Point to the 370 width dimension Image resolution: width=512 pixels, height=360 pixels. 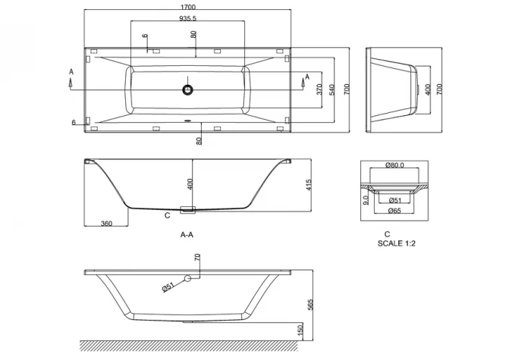pos(319,91)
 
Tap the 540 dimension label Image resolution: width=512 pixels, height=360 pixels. pos(332,91)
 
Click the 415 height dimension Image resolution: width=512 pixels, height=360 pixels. pos(309,186)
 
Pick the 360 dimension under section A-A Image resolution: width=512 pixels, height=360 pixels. pos(106,224)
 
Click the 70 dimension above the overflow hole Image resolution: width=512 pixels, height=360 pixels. pos(198,259)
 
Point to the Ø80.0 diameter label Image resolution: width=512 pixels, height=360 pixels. pos(394,165)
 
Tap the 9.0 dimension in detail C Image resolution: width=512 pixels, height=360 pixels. pos(366,200)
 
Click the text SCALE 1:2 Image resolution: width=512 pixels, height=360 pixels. pos(397,244)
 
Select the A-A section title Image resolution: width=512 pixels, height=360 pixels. pos(187,235)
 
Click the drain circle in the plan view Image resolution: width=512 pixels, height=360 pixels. pos(187,89)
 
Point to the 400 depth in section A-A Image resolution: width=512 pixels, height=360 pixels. pos(190,184)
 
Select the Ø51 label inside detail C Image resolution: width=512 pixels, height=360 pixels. pos(394,200)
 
